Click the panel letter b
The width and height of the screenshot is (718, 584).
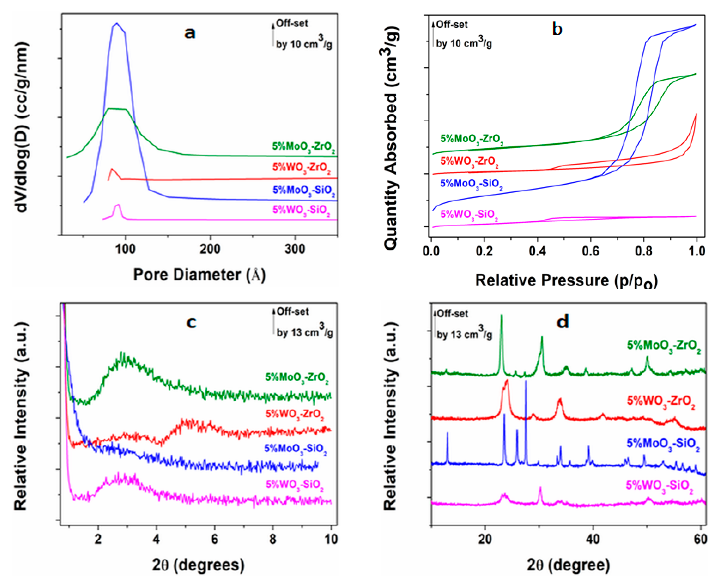(x=557, y=29)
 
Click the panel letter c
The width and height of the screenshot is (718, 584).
(x=191, y=322)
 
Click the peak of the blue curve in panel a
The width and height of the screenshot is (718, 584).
(x=117, y=24)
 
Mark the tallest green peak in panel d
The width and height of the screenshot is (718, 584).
(x=502, y=315)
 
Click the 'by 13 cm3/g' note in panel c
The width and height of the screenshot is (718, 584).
(x=304, y=332)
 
